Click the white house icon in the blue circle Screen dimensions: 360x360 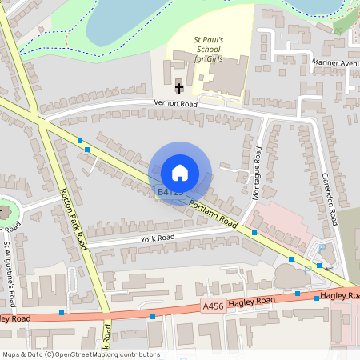(179, 173)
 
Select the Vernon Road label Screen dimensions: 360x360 (175, 103)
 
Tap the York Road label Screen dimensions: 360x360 (155, 238)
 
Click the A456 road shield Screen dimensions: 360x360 (213, 306)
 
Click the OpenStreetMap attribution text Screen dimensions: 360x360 (81, 354)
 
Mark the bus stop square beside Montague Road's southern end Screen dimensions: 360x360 (254, 232)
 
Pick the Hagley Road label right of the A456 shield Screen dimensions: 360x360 (251, 301)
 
